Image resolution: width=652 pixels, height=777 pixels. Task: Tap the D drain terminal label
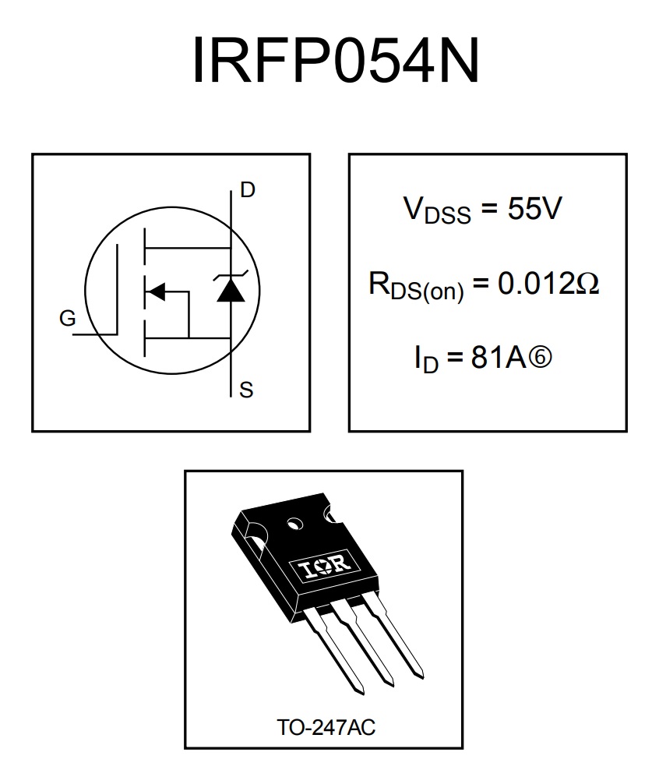pos(247,190)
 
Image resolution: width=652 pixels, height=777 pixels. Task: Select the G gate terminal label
pos(67,318)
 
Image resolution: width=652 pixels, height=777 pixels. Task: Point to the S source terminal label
pos(246,390)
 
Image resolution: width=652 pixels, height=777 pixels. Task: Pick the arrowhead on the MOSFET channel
pos(157,291)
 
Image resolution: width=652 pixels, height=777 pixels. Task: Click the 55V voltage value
pos(534,208)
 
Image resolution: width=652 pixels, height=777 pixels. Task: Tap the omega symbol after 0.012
pos(587,284)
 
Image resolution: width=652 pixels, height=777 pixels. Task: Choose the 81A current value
pos(498,357)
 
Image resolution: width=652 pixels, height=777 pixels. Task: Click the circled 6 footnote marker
pos(539,357)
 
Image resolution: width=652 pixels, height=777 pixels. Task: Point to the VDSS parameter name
pos(437,210)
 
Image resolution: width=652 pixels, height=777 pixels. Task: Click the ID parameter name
pos(427,359)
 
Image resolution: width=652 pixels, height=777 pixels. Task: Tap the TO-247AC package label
pos(326,727)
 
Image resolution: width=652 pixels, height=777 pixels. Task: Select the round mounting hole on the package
pos(294,524)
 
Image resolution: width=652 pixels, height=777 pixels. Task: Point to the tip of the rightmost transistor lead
pos(421,676)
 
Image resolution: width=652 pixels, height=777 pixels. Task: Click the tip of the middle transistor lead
pos(391,684)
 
